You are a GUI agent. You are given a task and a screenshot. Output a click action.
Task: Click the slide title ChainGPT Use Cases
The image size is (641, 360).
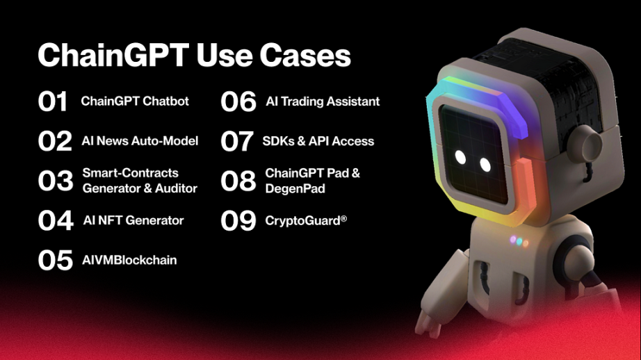click(194, 55)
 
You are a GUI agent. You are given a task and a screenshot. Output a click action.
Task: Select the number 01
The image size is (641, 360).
click(52, 101)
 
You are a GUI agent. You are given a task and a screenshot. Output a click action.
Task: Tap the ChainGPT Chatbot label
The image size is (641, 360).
click(135, 101)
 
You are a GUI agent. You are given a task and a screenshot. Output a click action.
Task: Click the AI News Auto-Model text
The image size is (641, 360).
click(140, 140)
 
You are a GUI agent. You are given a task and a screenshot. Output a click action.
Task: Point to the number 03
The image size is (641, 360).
click(56, 181)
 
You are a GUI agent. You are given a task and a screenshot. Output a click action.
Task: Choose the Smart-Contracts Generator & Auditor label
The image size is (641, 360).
click(140, 180)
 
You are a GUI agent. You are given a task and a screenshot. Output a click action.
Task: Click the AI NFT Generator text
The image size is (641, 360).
click(133, 220)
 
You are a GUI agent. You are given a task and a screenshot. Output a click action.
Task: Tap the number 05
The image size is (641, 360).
click(55, 261)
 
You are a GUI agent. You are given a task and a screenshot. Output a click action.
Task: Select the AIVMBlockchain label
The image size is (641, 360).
click(129, 260)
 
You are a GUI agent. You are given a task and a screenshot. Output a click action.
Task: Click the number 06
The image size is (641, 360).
click(238, 101)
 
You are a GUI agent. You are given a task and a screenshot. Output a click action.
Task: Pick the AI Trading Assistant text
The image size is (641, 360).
click(323, 101)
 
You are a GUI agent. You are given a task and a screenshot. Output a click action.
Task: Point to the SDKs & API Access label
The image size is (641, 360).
click(318, 141)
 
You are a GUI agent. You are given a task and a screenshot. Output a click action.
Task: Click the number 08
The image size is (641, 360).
click(238, 181)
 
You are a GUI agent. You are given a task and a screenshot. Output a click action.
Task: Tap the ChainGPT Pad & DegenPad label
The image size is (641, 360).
click(312, 180)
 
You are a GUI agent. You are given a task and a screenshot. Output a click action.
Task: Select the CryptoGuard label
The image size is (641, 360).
click(306, 221)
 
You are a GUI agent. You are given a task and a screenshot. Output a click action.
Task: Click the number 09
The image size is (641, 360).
click(238, 221)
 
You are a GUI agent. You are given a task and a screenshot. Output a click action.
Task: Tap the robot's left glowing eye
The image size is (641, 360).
click(460, 157)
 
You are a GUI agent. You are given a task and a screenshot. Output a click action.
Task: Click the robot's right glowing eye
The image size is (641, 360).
click(485, 165)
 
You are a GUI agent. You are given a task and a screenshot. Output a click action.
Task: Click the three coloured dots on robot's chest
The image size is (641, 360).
click(519, 241)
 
